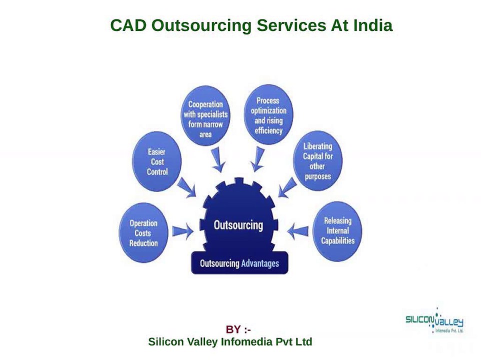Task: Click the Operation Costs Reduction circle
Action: pos(143,233)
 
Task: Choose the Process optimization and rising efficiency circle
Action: pos(268,115)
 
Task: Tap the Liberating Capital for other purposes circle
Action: pos(317,161)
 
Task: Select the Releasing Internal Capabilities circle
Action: pos(337,230)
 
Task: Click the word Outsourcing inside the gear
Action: pos(238,225)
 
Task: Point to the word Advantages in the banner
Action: pos(260,263)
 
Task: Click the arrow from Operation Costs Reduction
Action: pos(183,231)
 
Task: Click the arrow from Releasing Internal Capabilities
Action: pos(297,230)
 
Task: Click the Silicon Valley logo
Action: pos(434,320)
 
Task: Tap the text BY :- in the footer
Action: pos(238,329)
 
